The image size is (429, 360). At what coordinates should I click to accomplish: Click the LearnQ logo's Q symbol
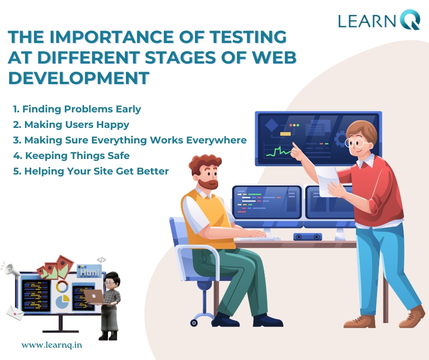coord(409,20)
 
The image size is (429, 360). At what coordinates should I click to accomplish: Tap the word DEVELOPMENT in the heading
coord(79,78)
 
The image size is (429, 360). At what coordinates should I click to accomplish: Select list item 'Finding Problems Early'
coord(77,109)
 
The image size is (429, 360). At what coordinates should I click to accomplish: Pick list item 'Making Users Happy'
coord(71,125)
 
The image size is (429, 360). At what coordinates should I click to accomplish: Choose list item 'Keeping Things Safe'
coord(71,156)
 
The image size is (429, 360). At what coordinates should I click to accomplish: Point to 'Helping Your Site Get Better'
coord(91,171)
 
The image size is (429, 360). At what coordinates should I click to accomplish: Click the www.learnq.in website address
coord(52,344)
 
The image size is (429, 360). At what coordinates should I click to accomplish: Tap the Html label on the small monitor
coord(89,272)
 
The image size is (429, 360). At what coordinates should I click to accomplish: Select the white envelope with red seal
coord(16,313)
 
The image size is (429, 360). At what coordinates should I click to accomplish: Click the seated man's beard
coord(209,184)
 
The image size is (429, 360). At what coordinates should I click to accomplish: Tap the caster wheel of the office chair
coord(194,323)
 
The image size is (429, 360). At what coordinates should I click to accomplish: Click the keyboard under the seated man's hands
coord(259,238)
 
